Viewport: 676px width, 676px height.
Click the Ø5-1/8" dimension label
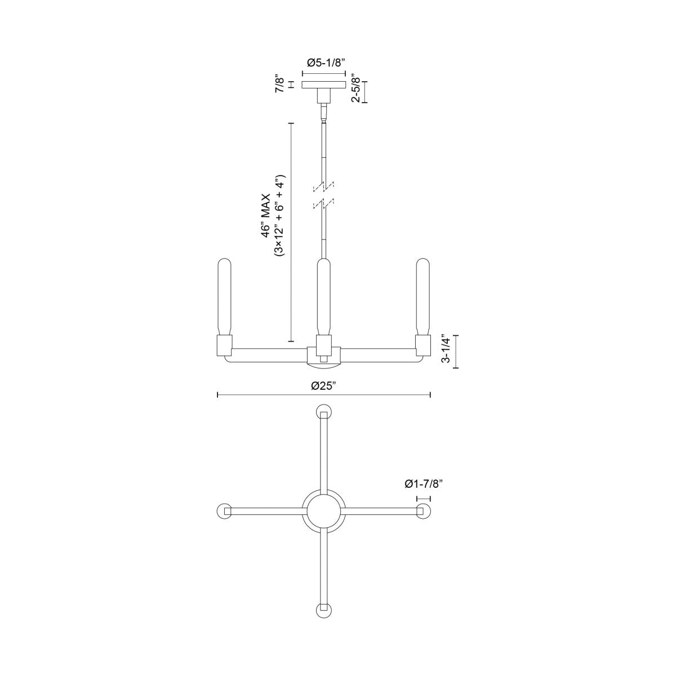click(x=324, y=63)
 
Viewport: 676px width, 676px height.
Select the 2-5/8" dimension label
click(x=355, y=88)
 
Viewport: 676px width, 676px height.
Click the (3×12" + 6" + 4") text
click(x=279, y=217)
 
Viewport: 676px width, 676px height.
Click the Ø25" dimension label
click(x=323, y=386)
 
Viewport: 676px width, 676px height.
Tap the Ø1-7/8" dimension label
click(x=423, y=483)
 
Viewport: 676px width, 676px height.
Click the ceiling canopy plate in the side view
click(x=323, y=85)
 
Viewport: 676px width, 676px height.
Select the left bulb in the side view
click(x=225, y=296)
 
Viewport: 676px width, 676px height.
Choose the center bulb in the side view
click(x=323, y=296)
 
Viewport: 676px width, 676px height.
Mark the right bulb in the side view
click(x=422, y=296)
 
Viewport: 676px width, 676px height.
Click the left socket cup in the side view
click(x=225, y=345)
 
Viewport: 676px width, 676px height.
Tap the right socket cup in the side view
click(x=422, y=345)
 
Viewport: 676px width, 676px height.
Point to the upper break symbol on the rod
click(x=323, y=185)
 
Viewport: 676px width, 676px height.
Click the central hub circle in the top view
click(x=323, y=510)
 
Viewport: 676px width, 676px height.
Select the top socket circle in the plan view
click(x=323, y=412)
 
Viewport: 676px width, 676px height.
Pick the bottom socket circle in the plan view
click(x=323, y=609)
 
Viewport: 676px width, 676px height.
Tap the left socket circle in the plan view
click(x=225, y=510)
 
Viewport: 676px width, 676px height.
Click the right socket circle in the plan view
click(x=422, y=510)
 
